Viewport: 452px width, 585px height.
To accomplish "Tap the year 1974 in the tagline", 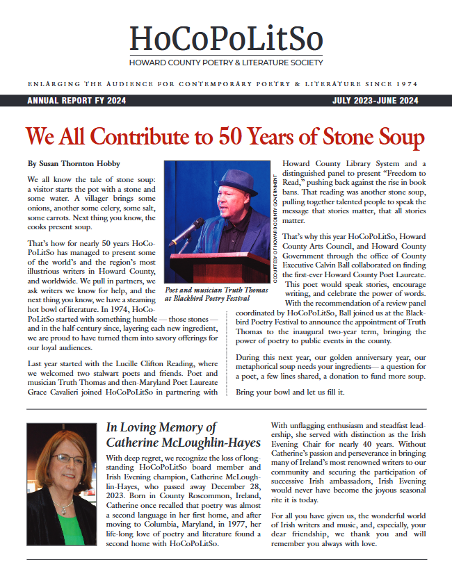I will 406,84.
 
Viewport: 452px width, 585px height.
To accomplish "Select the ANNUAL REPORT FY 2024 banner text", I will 76,101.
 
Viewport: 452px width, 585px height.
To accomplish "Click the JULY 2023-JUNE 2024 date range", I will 376,101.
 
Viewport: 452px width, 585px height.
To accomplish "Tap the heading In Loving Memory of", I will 161,427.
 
